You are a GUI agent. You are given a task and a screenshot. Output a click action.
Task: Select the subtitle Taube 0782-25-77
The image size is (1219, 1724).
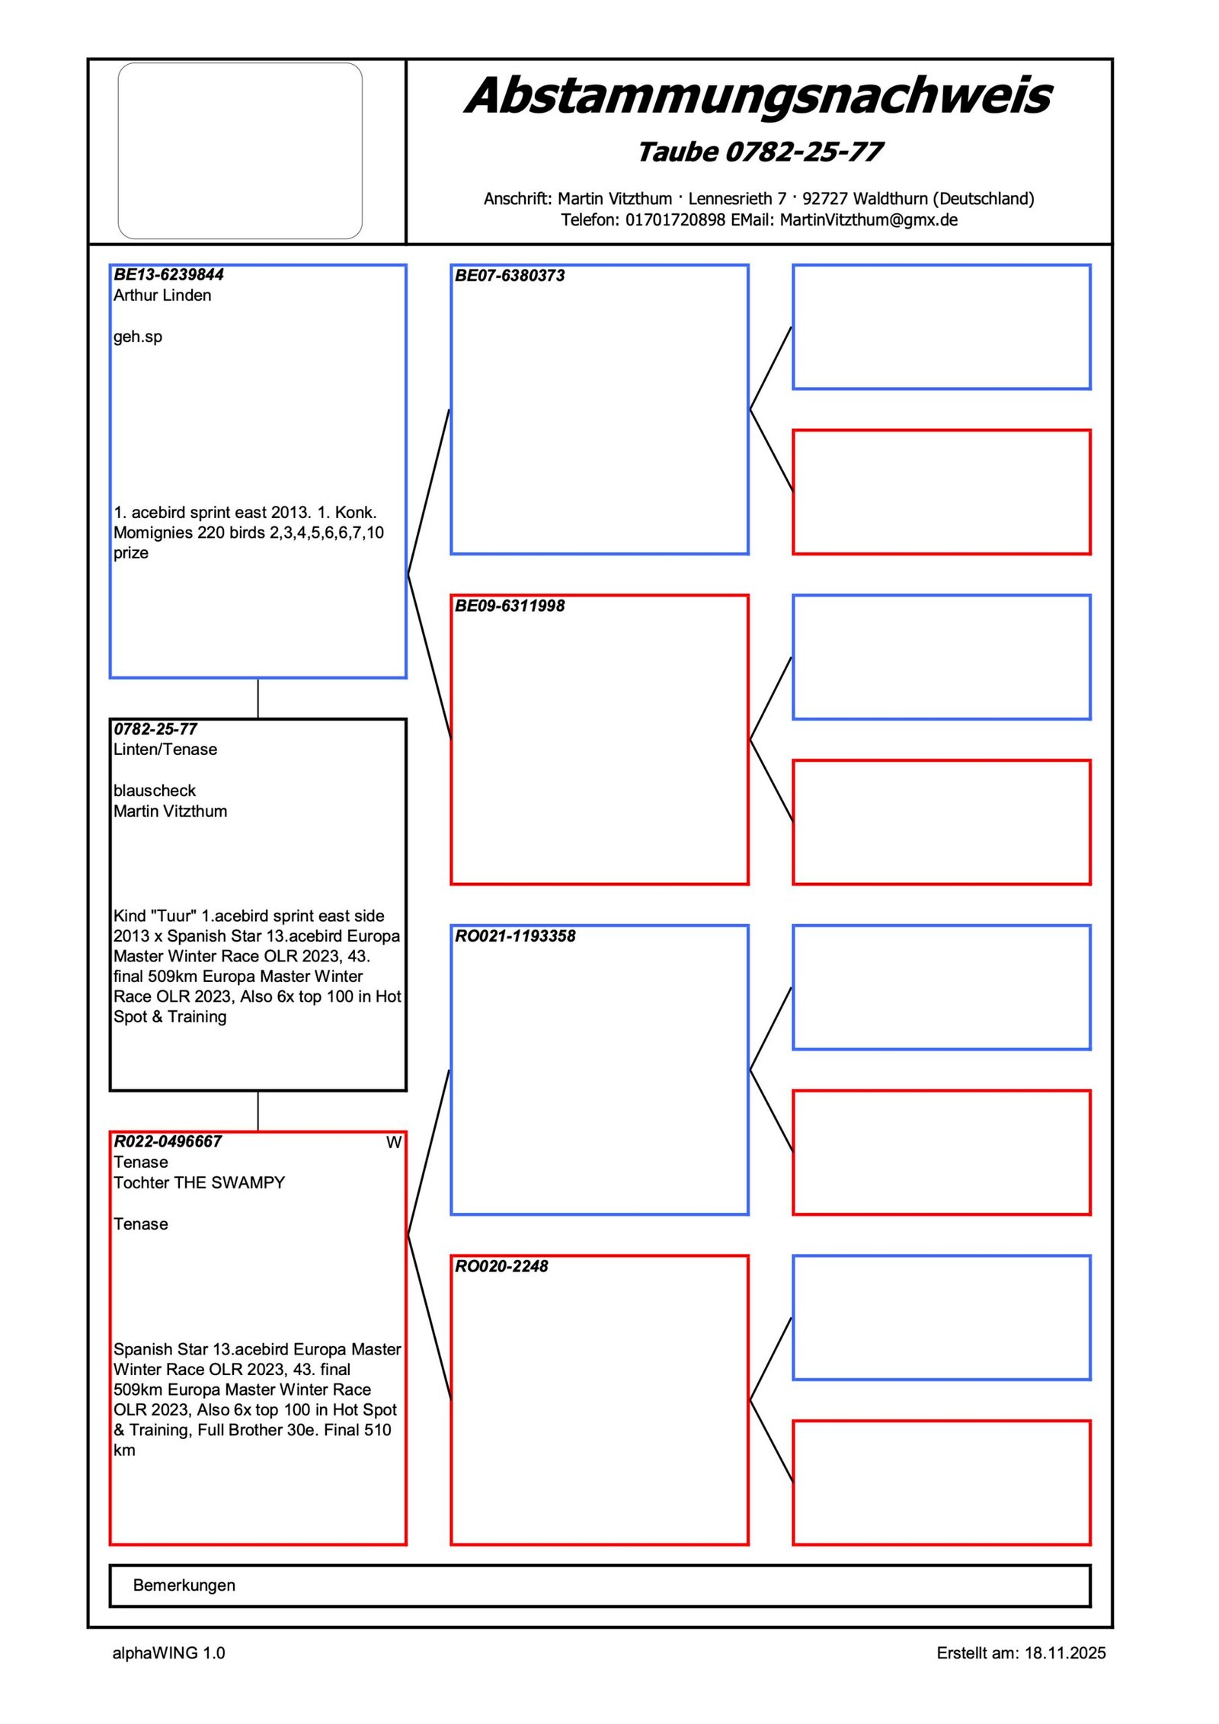(760, 152)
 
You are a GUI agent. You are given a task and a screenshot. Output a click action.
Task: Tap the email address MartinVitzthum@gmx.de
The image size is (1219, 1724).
(869, 220)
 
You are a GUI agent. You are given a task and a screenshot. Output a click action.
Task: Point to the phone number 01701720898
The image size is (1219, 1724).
(675, 220)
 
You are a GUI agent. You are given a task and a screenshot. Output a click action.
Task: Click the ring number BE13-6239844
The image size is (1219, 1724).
(168, 275)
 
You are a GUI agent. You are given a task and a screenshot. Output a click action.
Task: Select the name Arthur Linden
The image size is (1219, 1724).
(162, 296)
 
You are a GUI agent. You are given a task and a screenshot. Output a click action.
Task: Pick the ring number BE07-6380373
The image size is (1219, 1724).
(510, 276)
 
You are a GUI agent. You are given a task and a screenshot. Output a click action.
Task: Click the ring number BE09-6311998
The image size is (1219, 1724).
(510, 606)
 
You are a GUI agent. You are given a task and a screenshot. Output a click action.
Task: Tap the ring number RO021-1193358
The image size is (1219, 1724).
(515, 936)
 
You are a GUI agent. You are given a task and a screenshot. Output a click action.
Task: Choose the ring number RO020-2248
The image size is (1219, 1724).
(501, 1266)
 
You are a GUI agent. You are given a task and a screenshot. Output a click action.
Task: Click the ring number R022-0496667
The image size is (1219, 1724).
(168, 1141)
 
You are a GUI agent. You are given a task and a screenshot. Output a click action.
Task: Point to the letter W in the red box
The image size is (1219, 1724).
(393, 1143)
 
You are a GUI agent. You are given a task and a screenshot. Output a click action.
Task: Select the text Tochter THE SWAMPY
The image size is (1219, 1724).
(199, 1182)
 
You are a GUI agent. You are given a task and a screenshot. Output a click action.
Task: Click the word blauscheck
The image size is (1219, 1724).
(155, 791)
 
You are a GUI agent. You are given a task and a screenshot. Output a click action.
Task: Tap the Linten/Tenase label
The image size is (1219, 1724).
(165, 750)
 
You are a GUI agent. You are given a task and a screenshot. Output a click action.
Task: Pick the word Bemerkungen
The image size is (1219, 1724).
(184, 1585)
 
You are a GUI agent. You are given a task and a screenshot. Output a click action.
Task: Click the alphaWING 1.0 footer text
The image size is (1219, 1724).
(168, 1653)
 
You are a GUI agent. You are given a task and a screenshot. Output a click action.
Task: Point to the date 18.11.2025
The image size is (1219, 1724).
(1064, 1653)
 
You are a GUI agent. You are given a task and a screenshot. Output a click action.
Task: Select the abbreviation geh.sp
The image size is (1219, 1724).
(138, 337)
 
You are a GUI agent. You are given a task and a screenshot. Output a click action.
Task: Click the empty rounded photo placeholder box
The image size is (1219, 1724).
(240, 151)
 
